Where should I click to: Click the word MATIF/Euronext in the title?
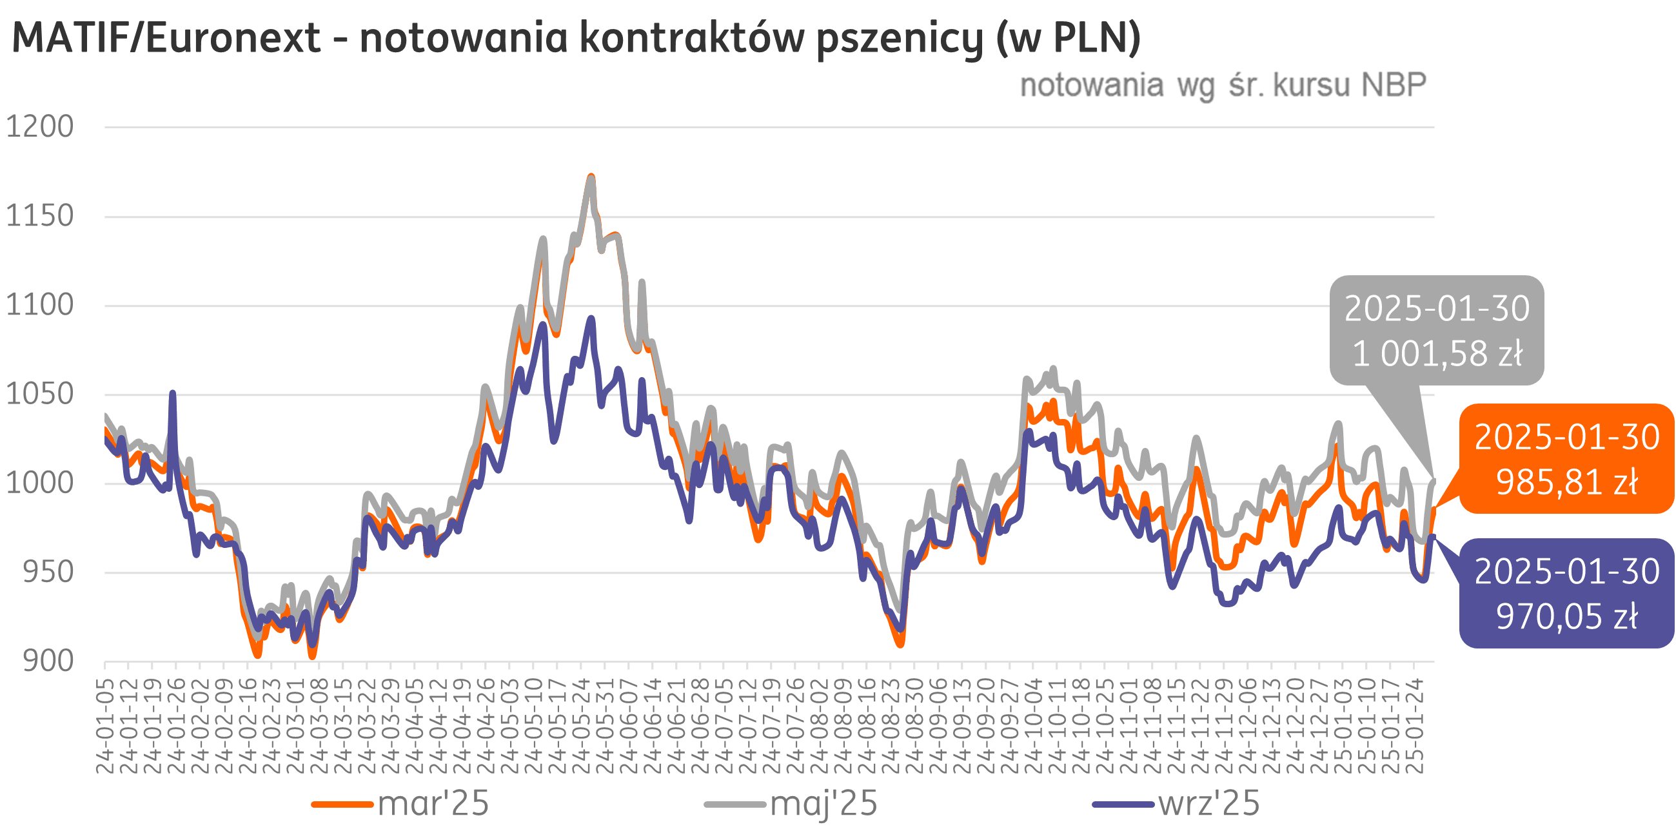click(x=166, y=38)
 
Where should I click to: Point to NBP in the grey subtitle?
click(x=1394, y=86)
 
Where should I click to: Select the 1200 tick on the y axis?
click(x=40, y=127)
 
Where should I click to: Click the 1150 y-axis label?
click(x=40, y=216)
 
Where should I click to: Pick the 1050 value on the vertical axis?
click(x=40, y=395)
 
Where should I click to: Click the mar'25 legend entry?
click(x=433, y=804)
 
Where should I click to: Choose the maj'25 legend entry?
click(x=823, y=804)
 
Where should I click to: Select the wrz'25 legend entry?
click(x=1209, y=804)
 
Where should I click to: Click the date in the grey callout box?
click(x=1437, y=309)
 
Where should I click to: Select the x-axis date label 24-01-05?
click(x=104, y=725)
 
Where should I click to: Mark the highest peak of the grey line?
click(x=591, y=177)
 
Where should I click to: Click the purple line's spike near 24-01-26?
click(x=172, y=393)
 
